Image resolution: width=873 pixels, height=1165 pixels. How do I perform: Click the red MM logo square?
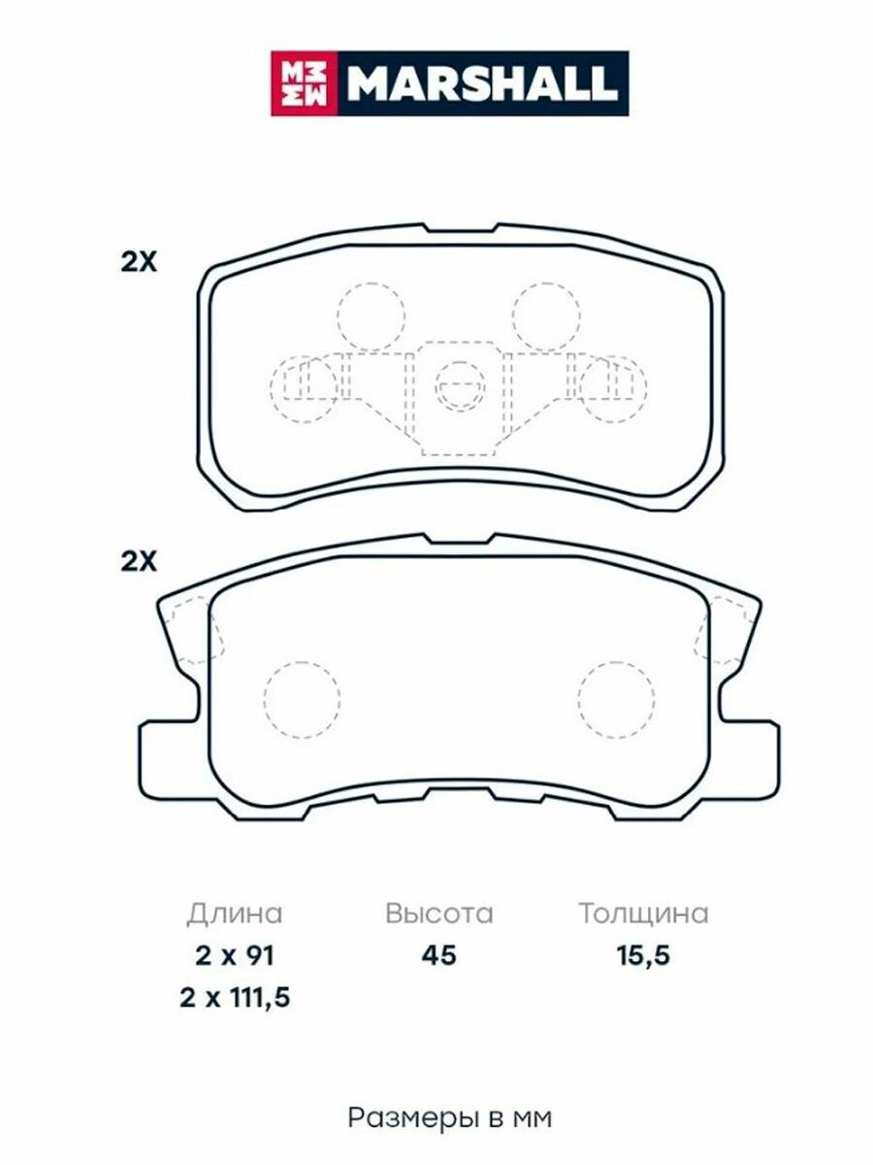pos(305,83)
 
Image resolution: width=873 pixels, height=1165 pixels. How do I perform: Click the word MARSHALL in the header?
pos(483,83)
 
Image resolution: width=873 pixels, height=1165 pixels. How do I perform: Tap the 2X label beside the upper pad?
pos(139,262)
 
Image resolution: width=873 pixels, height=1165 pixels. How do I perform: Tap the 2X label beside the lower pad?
pos(139,562)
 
